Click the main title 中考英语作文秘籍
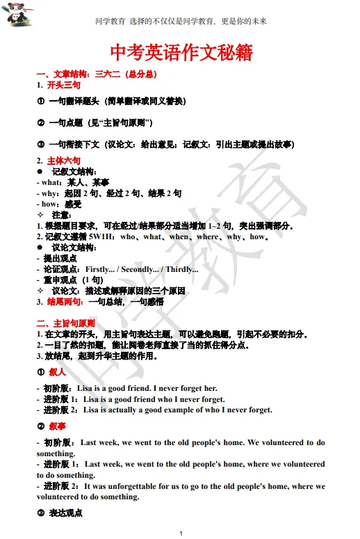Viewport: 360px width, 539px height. tap(180, 53)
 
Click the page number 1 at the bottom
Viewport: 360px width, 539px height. tap(181, 533)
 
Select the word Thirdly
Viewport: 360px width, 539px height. tap(181, 269)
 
